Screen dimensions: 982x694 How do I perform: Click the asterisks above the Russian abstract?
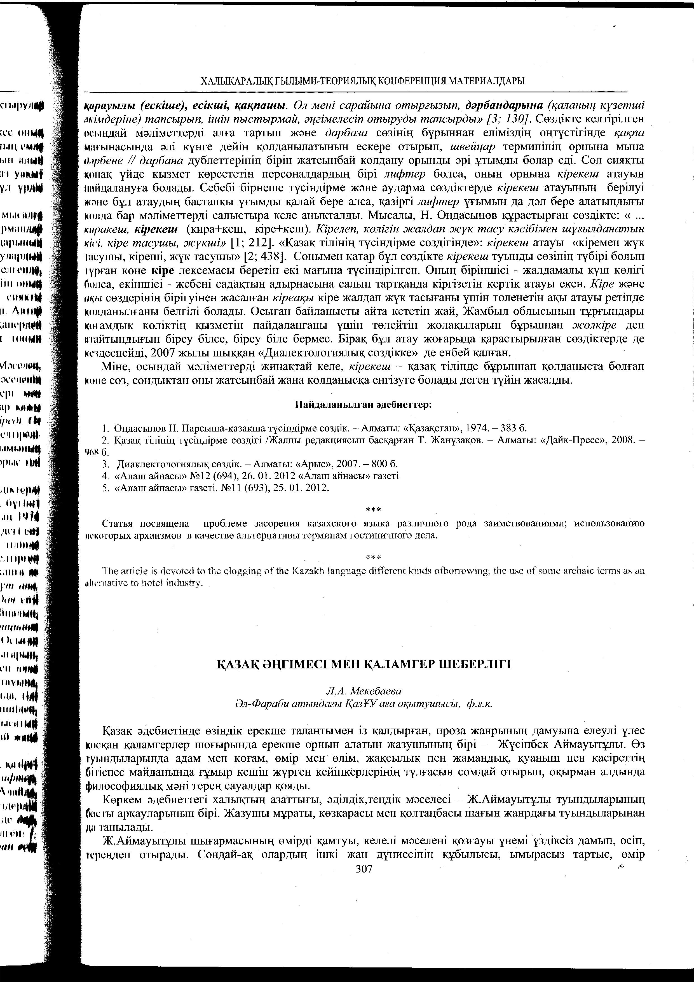click(x=373, y=510)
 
